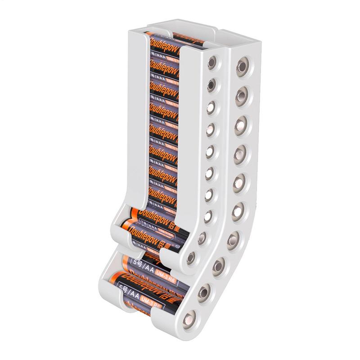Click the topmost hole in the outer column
click(243, 66)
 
